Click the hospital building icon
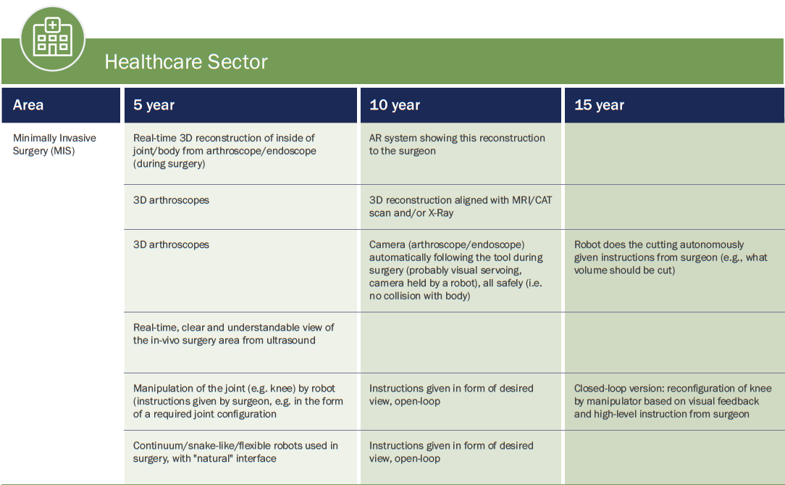coord(53,38)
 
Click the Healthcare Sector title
coord(185,62)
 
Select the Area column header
coord(28,104)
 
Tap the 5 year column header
coord(154,104)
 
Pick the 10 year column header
coord(395,104)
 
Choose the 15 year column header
coord(599,104)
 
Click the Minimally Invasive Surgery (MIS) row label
coord(54,144)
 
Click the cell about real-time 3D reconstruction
coord(224,151)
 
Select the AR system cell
coord(456,144)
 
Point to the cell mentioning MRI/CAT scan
coord(460,207)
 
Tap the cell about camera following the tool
coord(456,270)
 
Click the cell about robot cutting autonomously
coord(671,257)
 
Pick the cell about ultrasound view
coord(233,333)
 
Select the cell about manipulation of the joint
coord(238,401)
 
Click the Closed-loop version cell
coord(672,401)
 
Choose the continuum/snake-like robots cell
coord(235,452)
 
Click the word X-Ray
coord(440,213)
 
